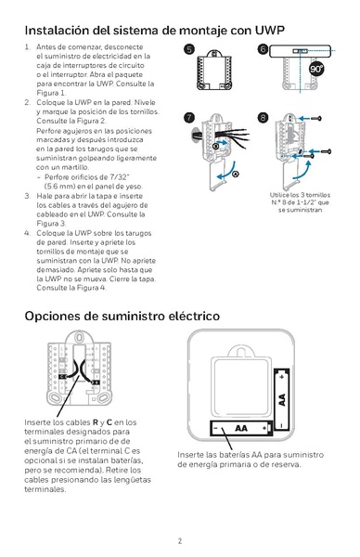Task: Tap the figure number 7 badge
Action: (x=190, y=117)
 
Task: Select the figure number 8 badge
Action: (x=264, y=117)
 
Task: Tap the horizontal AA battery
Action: (x=242, y=428)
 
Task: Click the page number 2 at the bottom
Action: (x=180, y=540)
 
